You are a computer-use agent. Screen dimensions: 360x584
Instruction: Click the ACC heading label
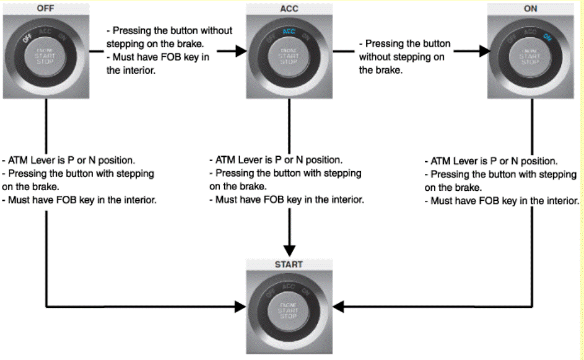click(289, 9)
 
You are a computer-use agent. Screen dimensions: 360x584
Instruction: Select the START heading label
click(289, 264)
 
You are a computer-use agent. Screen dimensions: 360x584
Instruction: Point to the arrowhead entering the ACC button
click(239, 51)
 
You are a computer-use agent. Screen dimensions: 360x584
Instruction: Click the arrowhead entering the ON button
click(481, 51)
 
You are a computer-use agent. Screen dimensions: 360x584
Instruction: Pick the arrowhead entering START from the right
click(338, 306)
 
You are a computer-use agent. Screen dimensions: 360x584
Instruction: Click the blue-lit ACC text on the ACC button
click(289, 30)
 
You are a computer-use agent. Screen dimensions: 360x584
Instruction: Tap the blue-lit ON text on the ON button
click(547, 36)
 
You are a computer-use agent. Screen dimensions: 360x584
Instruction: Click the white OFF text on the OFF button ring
click(28, 38)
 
